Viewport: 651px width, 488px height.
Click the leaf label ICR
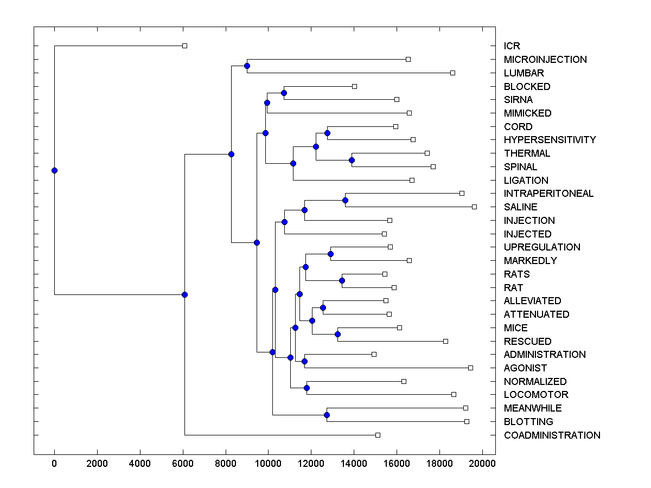point(512,46)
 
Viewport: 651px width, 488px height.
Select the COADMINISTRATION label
point(552,435)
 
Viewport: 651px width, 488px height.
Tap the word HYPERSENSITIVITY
point(550,140)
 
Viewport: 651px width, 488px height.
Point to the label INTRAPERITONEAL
point(548,194)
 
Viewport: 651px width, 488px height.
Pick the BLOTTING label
point(528,422)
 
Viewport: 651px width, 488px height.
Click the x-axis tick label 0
point(54,463)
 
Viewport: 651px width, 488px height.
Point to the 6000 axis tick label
point(183,463)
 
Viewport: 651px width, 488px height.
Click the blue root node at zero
point(54,170)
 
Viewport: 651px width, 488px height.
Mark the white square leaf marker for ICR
point(184,46)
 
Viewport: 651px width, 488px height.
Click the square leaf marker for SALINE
point(474,207)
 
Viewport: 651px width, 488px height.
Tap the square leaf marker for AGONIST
point(470,368)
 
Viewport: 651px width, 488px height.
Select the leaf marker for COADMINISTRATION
point(378,435)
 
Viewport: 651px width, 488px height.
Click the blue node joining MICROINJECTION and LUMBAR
point(247,66)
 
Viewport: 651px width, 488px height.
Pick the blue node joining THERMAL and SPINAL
point(352,160)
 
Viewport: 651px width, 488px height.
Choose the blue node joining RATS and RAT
point(342,280)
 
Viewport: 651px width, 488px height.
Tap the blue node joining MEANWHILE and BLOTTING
point(327,415)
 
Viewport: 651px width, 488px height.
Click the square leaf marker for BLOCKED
point(354,86)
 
